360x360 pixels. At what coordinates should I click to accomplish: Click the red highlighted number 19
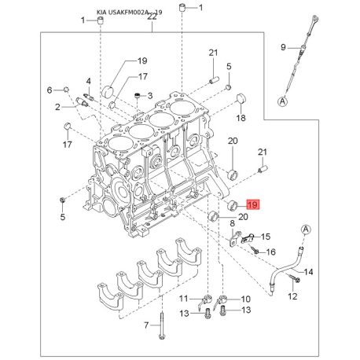(252, 204)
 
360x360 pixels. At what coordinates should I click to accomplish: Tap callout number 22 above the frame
(152, 17)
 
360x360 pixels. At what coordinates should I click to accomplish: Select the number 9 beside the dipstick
(283, 47)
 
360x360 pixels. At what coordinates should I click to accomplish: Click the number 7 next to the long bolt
(146, 325)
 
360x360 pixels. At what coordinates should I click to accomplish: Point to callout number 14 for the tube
(308, 272)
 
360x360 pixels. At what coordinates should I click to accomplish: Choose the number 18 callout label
(241, 118)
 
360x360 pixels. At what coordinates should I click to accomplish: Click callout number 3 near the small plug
(150, 96)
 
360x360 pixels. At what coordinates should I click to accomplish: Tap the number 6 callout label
(50, 90)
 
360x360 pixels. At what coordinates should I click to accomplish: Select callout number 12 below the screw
(292, 296)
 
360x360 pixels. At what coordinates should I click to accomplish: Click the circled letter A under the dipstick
(282, 101)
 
